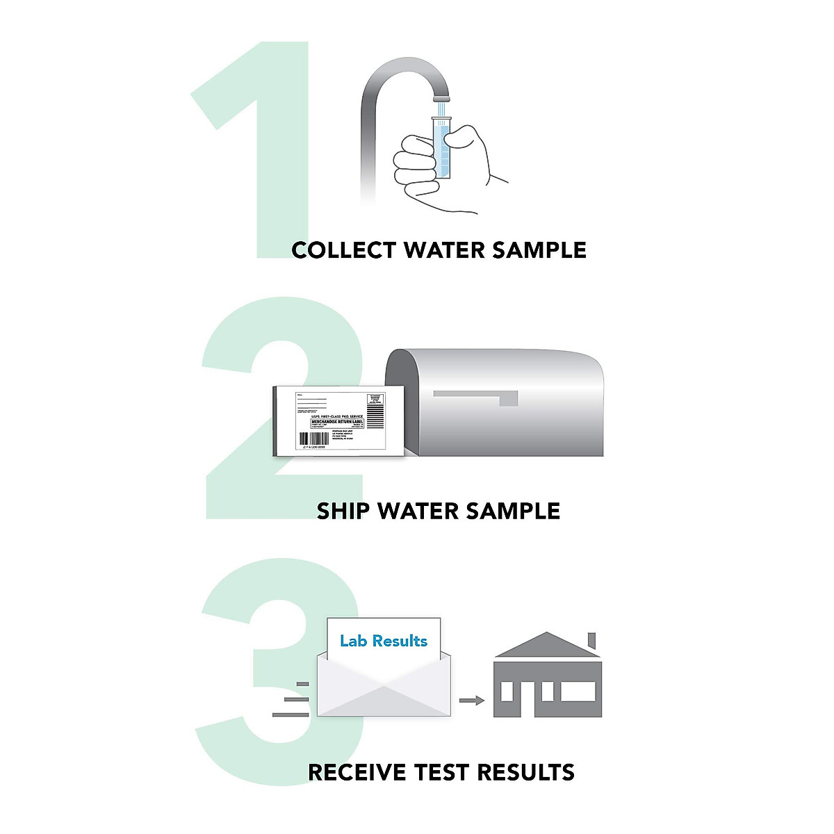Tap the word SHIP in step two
tap(343, 512)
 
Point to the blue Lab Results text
tap(384, 641)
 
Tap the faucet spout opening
tap(441, 98)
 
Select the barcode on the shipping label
tap(314, 439)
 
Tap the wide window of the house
tap(578, 692)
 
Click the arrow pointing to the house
tap(472, 701)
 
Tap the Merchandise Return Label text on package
tap(337, 422)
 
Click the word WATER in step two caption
tap(417, 512)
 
